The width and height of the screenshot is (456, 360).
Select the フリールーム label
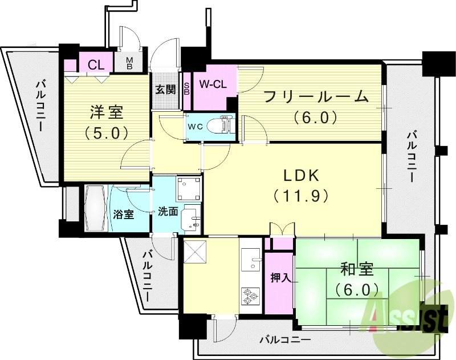click(x=316, y=96)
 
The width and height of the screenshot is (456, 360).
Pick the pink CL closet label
click(x=96, y=64)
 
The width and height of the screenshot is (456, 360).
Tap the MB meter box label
click(x=129, y=63)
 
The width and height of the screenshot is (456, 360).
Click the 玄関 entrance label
click(x=166, y=89)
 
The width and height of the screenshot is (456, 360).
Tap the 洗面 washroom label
click(x=168, y=212)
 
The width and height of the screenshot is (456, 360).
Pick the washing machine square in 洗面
click(x=189, y=187)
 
